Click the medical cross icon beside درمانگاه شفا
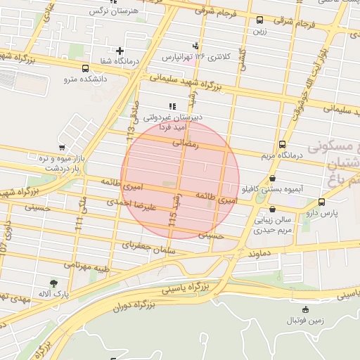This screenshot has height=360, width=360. click(120, 51)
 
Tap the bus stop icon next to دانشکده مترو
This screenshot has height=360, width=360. click(85, 69)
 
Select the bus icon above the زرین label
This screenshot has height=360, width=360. click(261, 20)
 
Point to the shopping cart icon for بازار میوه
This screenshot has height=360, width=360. click(63, 148)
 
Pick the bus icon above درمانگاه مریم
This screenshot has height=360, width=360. click(283, 143)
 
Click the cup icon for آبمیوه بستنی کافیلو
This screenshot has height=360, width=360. click(273, 179)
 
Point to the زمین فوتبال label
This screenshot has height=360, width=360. click(304, 321)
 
